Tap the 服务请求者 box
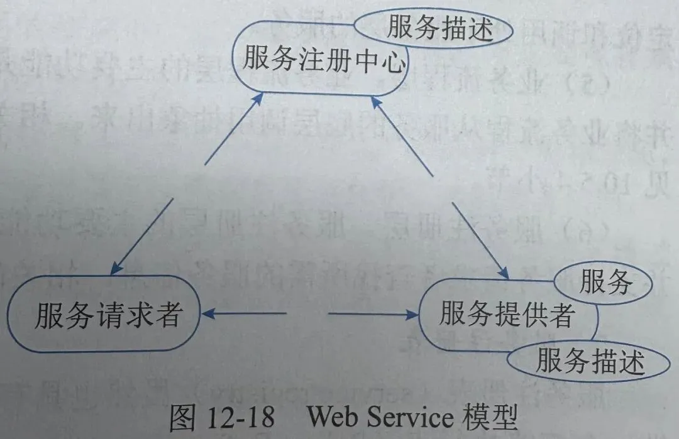click(108, 315)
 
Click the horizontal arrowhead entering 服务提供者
click(416, 313)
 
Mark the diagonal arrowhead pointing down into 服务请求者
click(117, 269)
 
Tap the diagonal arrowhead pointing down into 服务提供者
click(503, 273)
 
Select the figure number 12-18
click(238, 416)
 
